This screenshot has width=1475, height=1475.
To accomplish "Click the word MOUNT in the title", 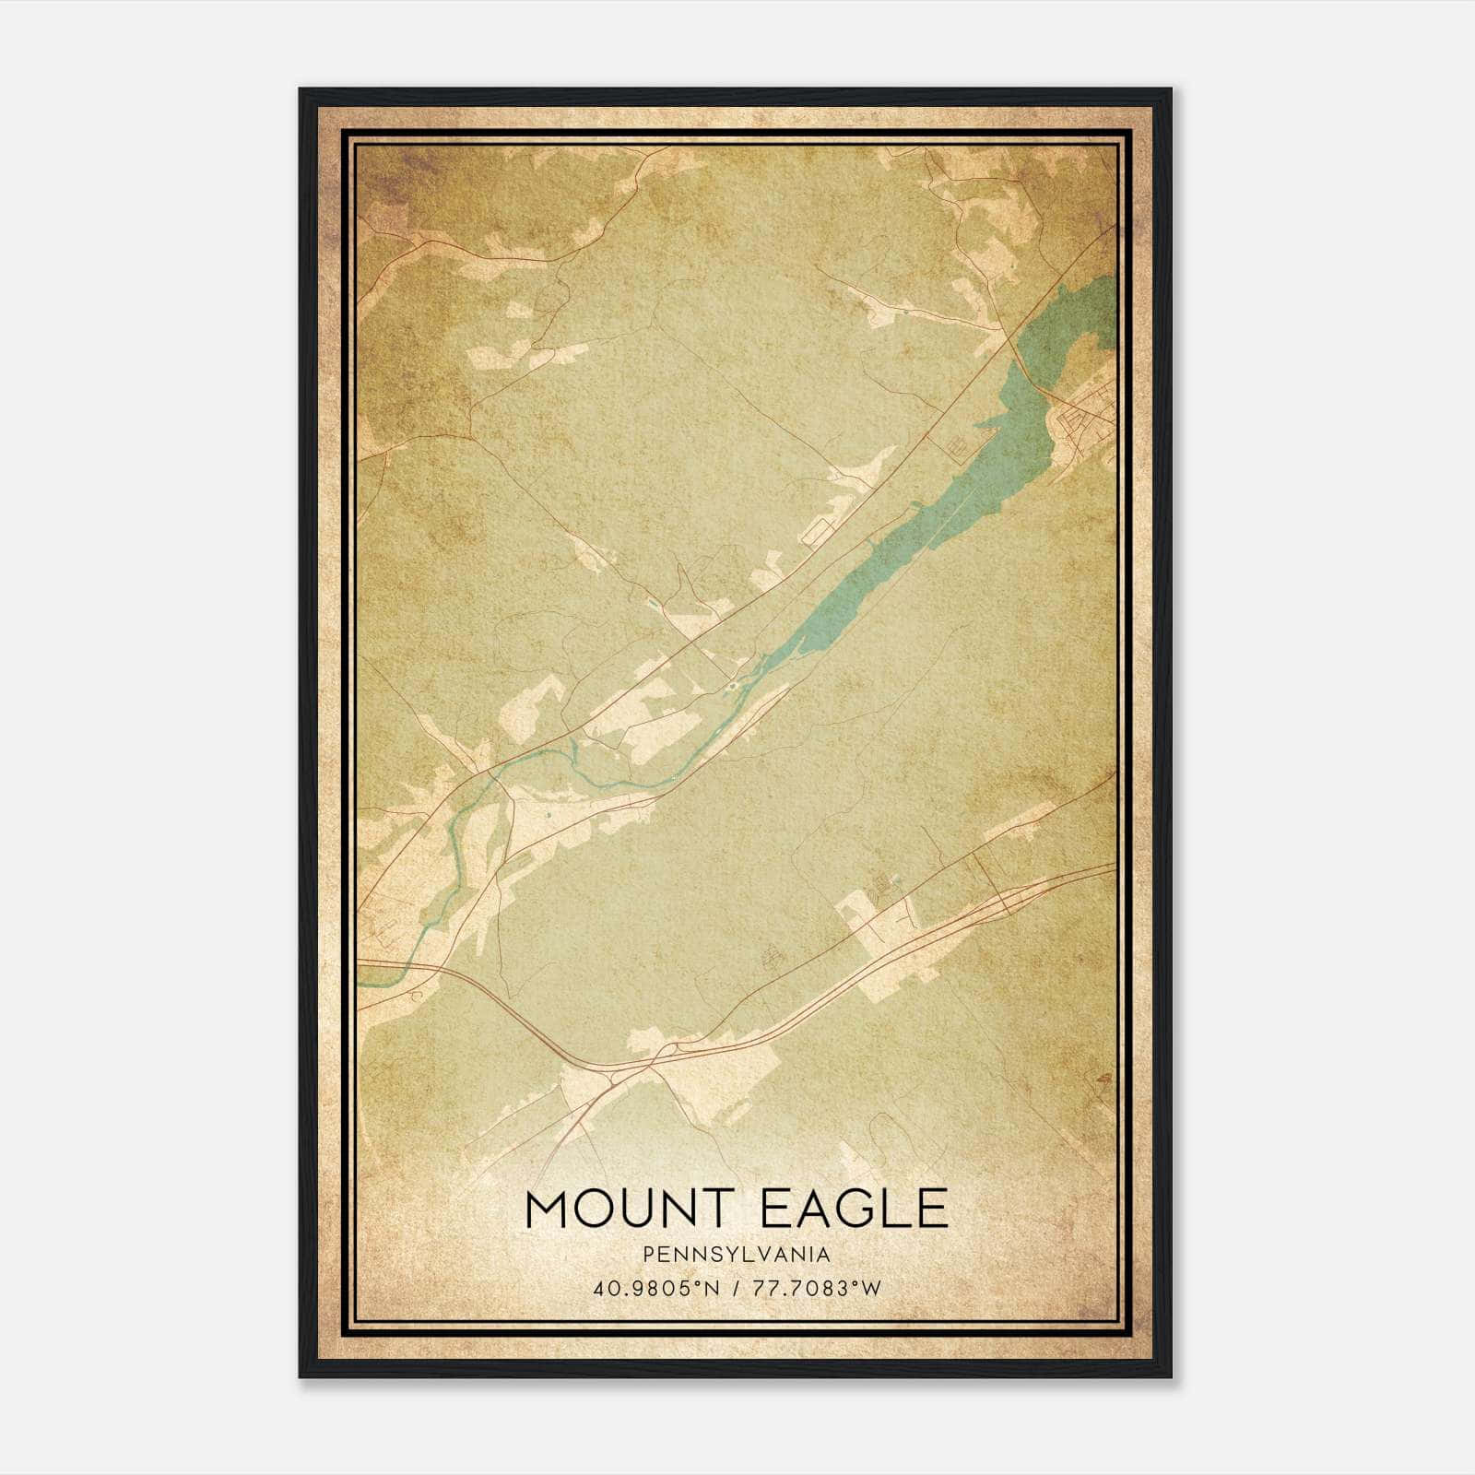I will [x=627, y=1209].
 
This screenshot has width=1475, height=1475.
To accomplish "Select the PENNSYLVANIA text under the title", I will [x=737, y=1255].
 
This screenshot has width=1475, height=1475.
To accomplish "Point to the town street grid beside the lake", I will [x=1088, y=424].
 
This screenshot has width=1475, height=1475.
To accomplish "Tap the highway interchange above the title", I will [x=664, y=1056].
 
